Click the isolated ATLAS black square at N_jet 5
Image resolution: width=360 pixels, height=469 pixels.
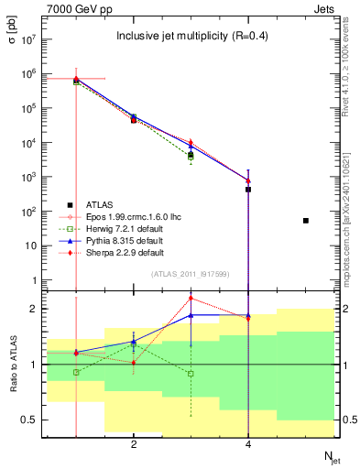click(306, 221)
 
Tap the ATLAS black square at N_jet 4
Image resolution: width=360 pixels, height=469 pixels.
click(248, 190)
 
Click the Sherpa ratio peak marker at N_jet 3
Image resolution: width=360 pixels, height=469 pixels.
click(191, 298)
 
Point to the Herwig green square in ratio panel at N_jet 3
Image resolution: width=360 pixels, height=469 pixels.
click(191, 374)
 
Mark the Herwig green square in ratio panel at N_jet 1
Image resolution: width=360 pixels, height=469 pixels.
click(76, 373)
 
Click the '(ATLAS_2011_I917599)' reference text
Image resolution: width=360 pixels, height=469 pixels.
click(191, 275)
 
